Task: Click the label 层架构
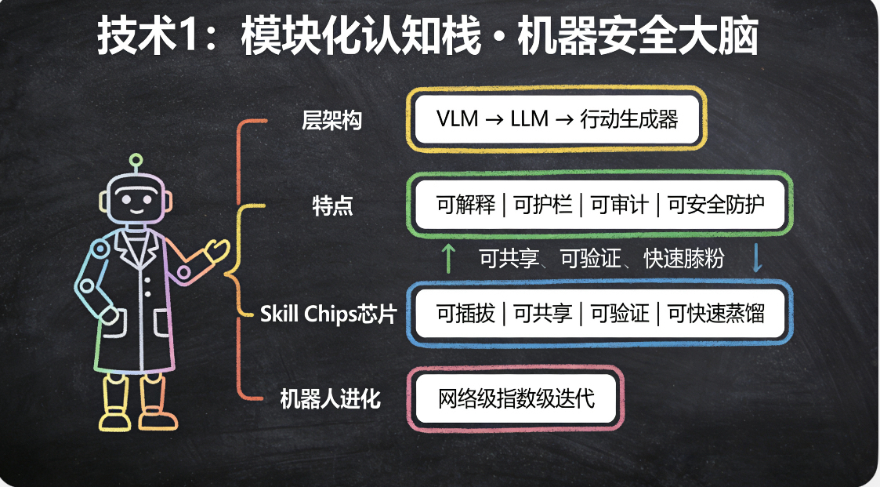[331, 122]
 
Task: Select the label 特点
[332, 207]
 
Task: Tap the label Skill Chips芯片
[329, 314]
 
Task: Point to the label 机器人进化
[330, 399]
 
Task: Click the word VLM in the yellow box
[458, 121]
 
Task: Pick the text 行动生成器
[628, 121]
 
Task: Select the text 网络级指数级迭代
[516, 398]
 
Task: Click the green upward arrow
[448, 258]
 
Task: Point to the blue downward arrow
[757, 258]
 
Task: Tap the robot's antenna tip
[136, 158]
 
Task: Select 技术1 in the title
[147, 38]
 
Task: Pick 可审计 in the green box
[619, 205]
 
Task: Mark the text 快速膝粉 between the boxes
[683, 259]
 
